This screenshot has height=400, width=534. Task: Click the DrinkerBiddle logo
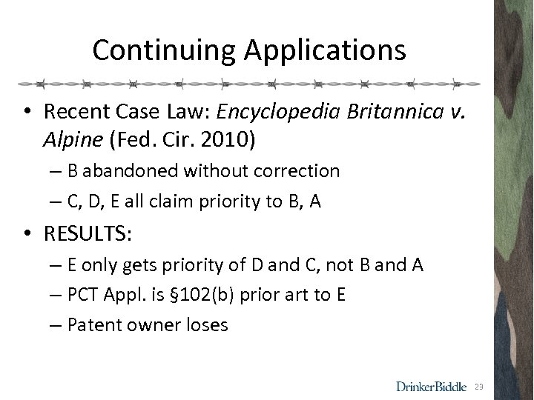(x=432, y=386)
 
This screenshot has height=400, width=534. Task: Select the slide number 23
(x=480, y=387)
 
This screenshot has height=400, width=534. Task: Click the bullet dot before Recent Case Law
(x=28, y=113)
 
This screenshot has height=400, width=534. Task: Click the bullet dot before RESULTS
(x=28, y=236)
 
